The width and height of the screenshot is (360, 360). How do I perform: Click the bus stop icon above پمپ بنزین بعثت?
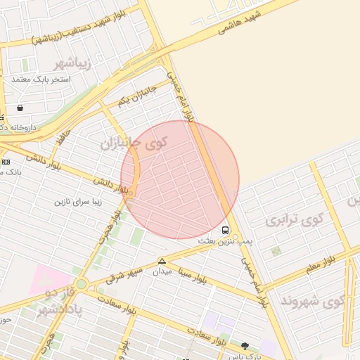point(225,230)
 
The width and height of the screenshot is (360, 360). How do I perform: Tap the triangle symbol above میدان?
point(162,262)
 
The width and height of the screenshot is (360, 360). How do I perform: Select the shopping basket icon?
point(19,108)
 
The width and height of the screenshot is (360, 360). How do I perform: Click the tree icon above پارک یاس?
point(245,346)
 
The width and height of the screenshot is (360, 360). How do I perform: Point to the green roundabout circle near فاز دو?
point(82,285)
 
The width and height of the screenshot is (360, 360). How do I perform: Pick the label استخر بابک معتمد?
point(41,79)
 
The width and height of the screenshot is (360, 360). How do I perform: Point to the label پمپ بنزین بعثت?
point(224,241)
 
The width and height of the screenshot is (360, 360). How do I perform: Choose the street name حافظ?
point(64,133)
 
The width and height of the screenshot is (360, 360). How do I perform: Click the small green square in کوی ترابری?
point(276,250)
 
